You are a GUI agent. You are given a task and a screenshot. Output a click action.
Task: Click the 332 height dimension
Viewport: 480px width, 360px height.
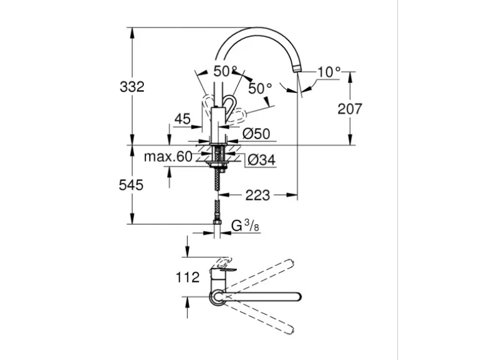coord(132,87)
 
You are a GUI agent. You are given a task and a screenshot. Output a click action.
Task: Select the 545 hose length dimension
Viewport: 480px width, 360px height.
coord(132,185)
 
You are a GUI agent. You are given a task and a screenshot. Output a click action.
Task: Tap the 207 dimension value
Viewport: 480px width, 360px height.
coord(350,109)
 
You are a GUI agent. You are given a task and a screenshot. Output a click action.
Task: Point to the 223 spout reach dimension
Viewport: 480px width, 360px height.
coord(257,195)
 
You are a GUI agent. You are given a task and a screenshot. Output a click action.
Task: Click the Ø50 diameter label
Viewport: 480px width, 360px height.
coord(255,133)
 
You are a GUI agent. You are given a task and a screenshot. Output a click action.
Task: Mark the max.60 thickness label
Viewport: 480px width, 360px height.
coord(168,156)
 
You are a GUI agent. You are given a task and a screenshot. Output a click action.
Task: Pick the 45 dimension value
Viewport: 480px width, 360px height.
coord(183,119)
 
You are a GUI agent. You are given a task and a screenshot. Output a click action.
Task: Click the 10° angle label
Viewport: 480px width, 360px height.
coord(329,72)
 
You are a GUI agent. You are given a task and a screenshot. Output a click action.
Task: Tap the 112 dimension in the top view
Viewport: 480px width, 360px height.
coord(187,277)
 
